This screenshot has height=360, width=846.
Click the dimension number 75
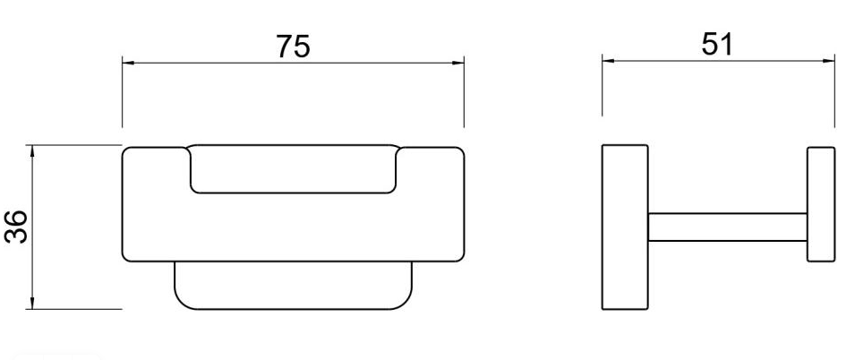[293, 47]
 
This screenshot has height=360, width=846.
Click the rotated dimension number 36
[17, 227]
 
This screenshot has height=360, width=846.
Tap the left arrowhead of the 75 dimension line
[128, 63]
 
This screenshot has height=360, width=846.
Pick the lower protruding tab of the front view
[293, 287]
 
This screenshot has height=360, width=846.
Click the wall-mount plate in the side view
[625, 227]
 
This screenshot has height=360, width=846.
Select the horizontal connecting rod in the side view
[728, 227]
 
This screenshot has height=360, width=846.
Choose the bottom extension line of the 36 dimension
[76, 309]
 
